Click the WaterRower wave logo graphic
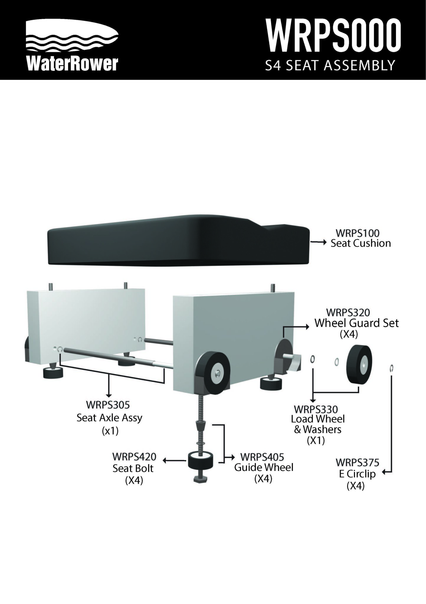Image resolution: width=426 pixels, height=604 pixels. click(x=72, y=37)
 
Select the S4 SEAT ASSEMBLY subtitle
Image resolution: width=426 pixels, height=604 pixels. click(x=330, y=65)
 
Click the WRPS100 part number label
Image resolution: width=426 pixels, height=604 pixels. click(x=358, y=233)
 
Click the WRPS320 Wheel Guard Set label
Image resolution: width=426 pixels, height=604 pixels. click(x=356, y=323)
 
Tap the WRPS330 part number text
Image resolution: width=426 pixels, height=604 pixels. click(x=316, y=409)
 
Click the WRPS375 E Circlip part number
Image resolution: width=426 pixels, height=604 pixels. click(x=357, y=462)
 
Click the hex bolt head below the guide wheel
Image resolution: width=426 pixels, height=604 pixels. click(x=200, y=479)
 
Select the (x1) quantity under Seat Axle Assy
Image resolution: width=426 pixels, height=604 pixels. click(x=110, y=431)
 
